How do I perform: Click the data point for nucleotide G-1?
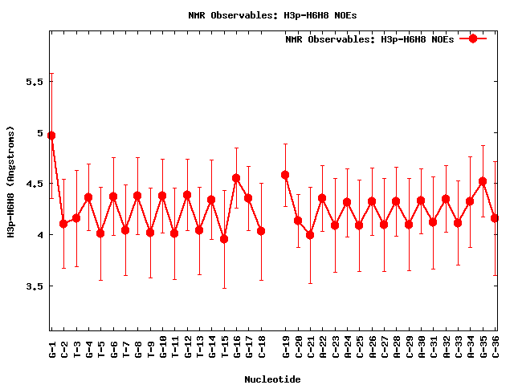[51, 136]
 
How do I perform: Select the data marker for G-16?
[236, 178]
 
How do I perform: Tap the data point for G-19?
[285, 175]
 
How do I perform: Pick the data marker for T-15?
[224, 239]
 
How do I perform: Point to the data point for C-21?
[310, 235]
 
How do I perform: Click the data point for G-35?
[483, 181]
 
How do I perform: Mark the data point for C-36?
[495, 218]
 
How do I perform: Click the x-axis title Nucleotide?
[273, 379]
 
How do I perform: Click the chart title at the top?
[273, 15]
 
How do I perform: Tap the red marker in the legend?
[473, 38]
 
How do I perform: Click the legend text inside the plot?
[369, 39]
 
